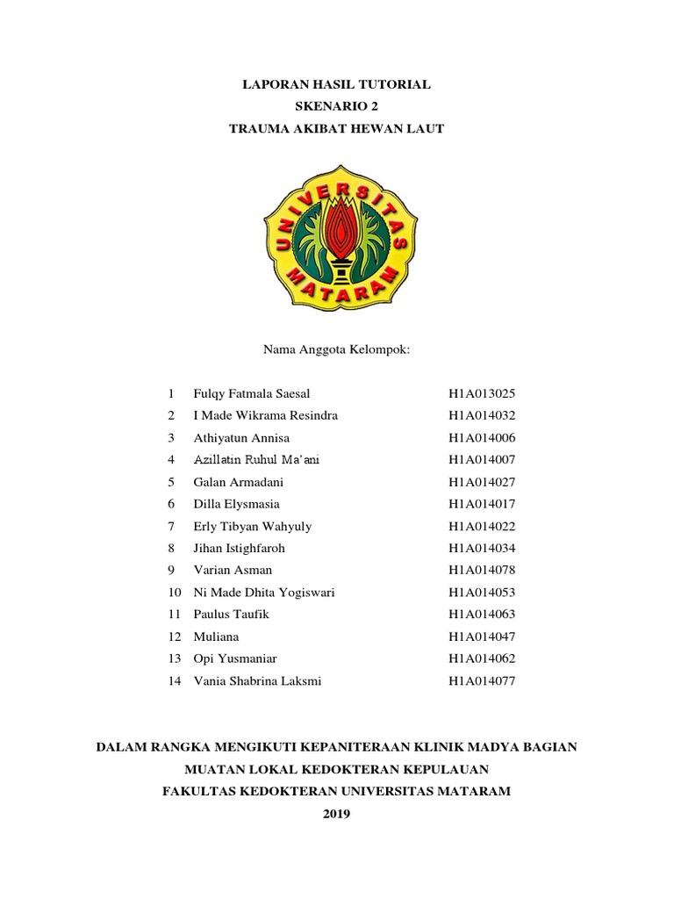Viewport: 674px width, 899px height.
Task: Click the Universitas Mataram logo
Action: [336, 234]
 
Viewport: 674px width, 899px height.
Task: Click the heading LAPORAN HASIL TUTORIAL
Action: [336, 85]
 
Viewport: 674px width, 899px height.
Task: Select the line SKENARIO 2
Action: [336, 106]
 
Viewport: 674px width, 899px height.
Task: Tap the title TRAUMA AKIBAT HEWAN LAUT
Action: [336, 128]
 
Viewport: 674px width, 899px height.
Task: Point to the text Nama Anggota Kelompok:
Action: [337, 349]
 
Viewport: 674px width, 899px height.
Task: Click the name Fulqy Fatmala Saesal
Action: [251, 393]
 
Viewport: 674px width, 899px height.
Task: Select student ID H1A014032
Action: [482, 415]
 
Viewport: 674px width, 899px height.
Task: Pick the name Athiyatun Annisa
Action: [240, 437]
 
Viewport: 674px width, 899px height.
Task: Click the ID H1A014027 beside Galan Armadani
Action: [482, 482]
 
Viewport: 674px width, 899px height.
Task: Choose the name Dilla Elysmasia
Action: [237, 504]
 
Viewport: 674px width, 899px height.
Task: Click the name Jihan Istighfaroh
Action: [239, 548]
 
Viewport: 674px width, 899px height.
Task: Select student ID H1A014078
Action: [482, 570]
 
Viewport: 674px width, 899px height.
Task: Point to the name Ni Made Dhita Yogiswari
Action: [263, 593]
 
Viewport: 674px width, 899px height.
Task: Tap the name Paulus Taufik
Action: [230, 615]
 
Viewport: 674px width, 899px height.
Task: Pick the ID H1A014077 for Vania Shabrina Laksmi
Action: [482, 680]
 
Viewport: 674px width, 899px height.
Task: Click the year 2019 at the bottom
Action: [336, 814]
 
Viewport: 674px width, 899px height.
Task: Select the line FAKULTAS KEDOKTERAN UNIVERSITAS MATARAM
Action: [336, 791]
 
